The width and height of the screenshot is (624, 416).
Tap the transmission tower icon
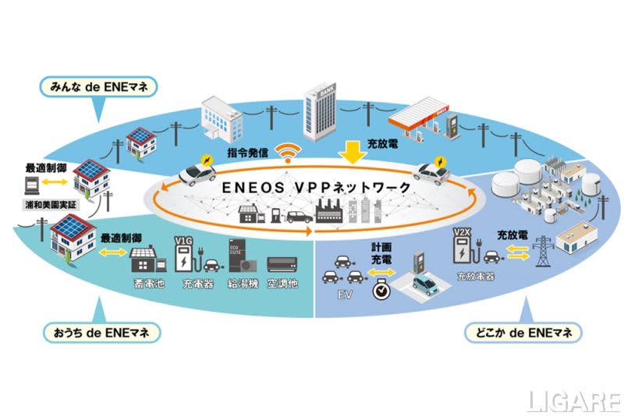tap(541, 249)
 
